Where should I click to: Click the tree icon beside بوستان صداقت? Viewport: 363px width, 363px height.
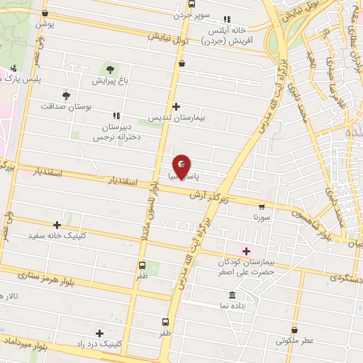[66, 95]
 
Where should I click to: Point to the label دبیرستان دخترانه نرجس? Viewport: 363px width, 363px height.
[116, 132]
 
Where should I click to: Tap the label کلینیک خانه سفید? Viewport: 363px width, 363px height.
[57, 235]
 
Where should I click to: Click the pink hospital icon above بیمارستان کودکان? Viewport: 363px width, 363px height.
[247, 251]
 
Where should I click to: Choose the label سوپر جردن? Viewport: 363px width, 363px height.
[194, 14]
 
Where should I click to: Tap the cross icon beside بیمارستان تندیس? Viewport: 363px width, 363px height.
[176, 106]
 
